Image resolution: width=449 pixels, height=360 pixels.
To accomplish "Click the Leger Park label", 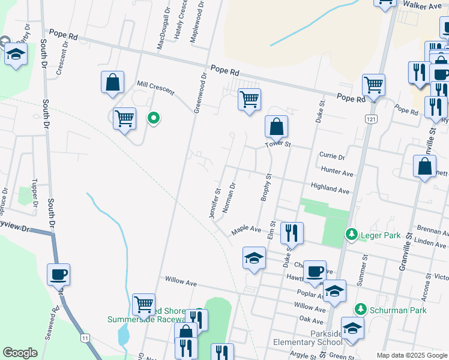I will [380, 235].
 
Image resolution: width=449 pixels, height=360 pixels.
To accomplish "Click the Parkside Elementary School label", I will [308, 338].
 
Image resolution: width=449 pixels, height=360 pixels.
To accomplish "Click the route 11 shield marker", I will [86, 338].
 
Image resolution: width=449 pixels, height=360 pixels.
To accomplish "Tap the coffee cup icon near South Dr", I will [59, 275].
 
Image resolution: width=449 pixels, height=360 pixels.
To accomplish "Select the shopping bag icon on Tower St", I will [276, 127].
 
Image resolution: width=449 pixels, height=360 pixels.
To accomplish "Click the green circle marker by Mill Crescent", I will [154, 118].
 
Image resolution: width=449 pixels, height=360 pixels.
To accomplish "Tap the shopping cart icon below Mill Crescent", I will [124, 119].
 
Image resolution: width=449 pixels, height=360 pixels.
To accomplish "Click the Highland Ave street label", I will [330, 190].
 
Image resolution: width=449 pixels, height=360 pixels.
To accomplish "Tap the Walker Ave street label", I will [422, 5].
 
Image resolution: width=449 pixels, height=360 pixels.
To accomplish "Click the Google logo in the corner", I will [20, 353].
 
